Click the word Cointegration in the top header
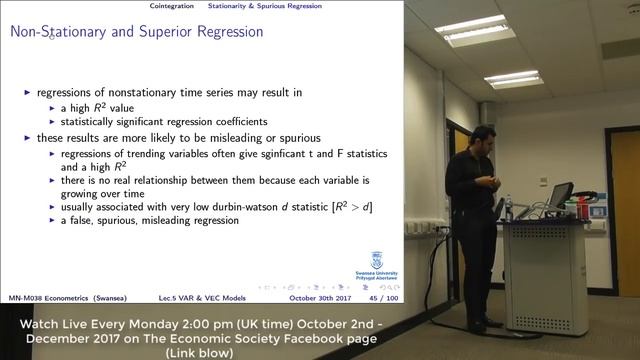click(x=172, y=6)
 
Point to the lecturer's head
click(x=484, y=138)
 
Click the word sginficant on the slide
click(x=263, y=154)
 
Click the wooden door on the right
click(x=626, y=220)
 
